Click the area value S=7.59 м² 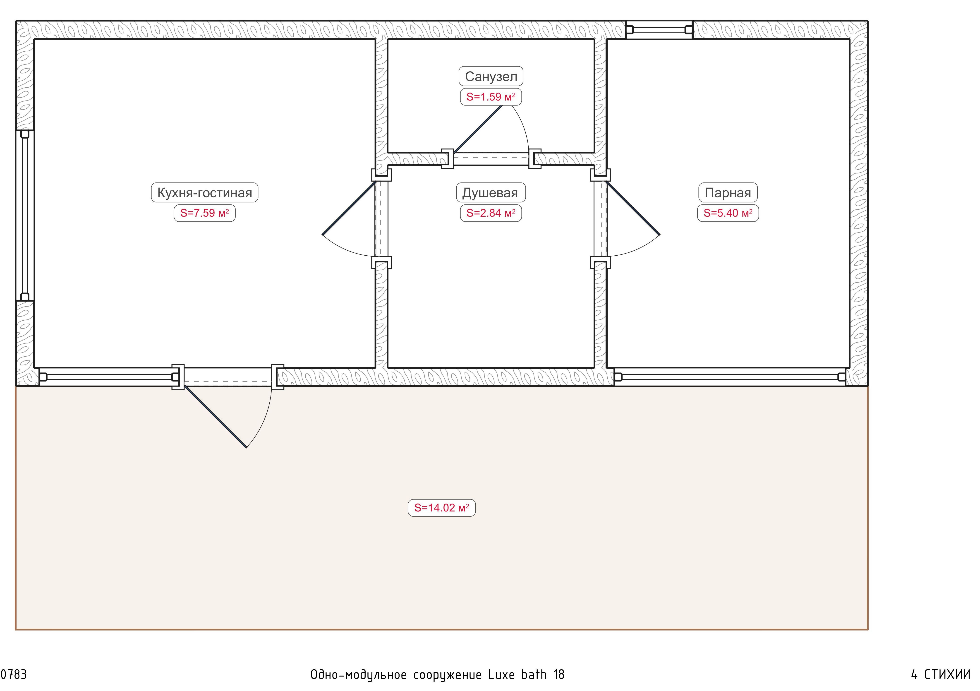[x=204, y=213]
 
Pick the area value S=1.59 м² [x=491, y=97]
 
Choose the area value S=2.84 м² [x=491, y=213]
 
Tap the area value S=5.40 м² [x=728, y=213]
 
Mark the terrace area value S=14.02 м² [x=442, y=508]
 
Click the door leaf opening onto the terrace [x=215, y=417]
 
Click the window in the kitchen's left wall [x=25, y=216]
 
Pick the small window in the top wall [x=659, y=29]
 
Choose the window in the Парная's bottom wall [x=730, y=377]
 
